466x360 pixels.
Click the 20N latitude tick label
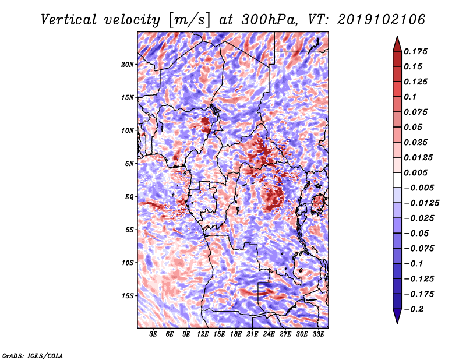tap(128, 64)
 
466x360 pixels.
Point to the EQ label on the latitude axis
tap(129, 196)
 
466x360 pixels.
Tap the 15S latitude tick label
tap(128, 295)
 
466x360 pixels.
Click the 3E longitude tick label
tap(154, 334)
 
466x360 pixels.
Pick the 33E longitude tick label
tap(318, 334)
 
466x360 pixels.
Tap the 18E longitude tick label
tap(236, 334)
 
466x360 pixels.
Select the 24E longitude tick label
tap(269, 334)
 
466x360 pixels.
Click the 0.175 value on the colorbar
tap(416, 51)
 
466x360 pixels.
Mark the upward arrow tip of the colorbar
tap(396, 38)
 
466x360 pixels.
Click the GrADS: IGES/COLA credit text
tap(32, 355)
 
